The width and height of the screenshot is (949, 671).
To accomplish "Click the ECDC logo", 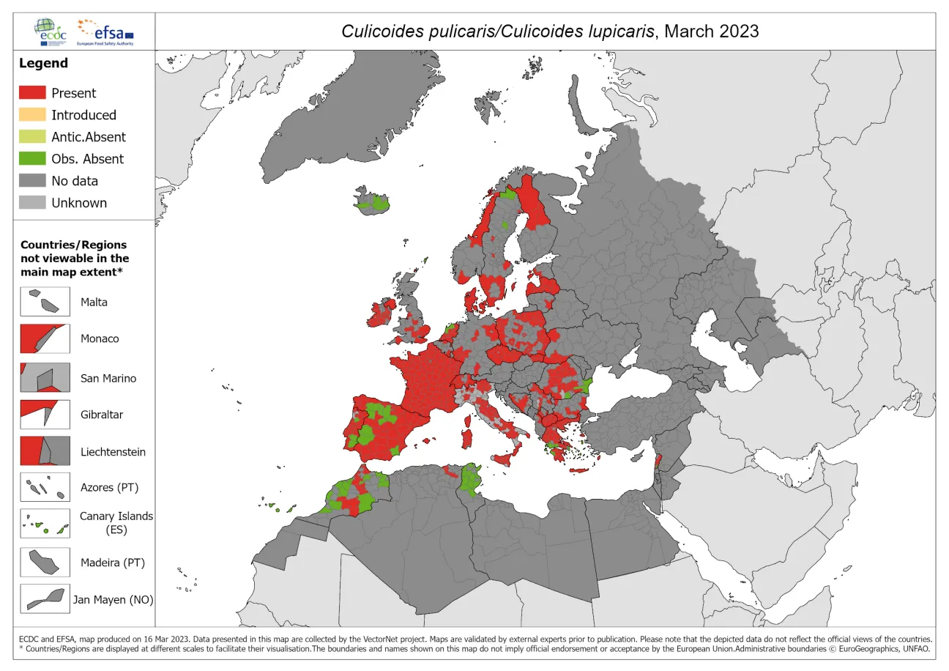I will coord(52,31).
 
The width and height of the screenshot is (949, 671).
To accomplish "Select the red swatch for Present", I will coord(31,93).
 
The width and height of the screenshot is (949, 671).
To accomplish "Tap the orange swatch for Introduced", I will coord(31,115).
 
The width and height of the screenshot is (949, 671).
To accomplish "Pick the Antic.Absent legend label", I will coord(88,137).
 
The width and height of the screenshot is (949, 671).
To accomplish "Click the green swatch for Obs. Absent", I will coord(31,159).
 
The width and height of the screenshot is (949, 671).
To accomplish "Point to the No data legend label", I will coord(74,181).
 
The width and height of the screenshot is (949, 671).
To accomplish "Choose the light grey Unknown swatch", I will coord(31,203).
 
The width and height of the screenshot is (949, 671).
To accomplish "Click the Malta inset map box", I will coord(45,301).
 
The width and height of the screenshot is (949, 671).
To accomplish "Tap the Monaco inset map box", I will coord(45,338).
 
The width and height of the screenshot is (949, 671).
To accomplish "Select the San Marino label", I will coord(108,378).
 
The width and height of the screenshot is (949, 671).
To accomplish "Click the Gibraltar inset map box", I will coord(45,414).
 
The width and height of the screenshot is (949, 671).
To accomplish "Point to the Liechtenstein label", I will coord(113,452).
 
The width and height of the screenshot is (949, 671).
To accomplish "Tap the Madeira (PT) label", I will coord(113,563).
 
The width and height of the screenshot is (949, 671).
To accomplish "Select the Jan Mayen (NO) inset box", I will coord(45,598).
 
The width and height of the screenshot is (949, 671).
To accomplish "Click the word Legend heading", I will coord(43,63).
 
